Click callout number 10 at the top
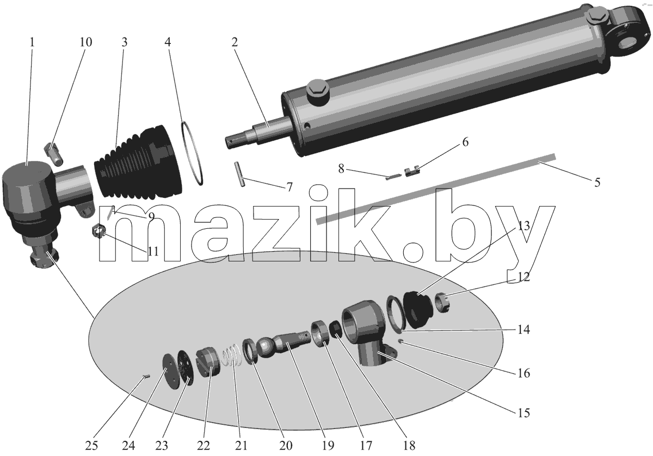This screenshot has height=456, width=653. [86, 42]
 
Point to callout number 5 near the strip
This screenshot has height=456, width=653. [597, 183]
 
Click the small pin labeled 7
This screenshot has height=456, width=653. [239, 174]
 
